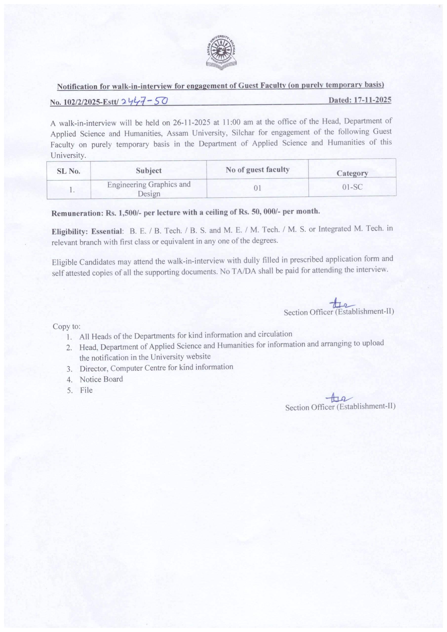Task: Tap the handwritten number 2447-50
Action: coord(144,102)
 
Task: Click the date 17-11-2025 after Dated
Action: coord(372,100)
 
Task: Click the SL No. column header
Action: coord(69,171)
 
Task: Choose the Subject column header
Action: coord(149,171)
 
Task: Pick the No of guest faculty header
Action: coord(257,170)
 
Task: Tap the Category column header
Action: coord(352,173)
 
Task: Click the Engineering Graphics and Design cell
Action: coord(149,189)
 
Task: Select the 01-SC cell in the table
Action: coord(352,187)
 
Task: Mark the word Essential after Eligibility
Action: coord(106,232)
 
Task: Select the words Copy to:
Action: coord(67,326)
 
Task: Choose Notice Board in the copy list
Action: coord(101,379)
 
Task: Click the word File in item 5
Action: coord(86,390)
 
